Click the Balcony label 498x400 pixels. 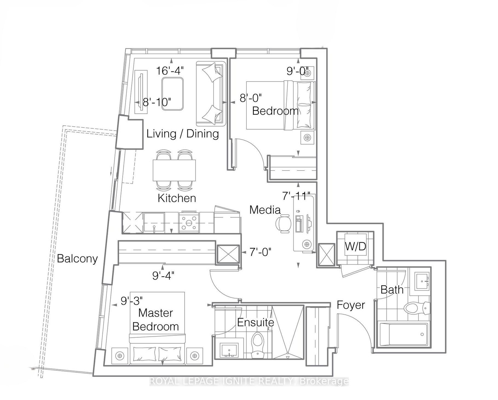pos(77,259)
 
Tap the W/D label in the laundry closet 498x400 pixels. pos(356,247)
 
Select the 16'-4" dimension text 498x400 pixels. pos(170,71)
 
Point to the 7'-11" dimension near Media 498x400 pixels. pos(296,196)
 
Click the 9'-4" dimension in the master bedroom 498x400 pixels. pos(163,276)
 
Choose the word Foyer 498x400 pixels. pos(351,305)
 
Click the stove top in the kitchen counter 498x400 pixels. pos(189,222)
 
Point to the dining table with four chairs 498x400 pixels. pos(174,170)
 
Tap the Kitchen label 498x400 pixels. pos(177,198)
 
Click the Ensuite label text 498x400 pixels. pos(255,322)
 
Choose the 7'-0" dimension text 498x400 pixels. pos(260,252)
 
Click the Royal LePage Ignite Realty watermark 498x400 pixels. pos(249,381)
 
